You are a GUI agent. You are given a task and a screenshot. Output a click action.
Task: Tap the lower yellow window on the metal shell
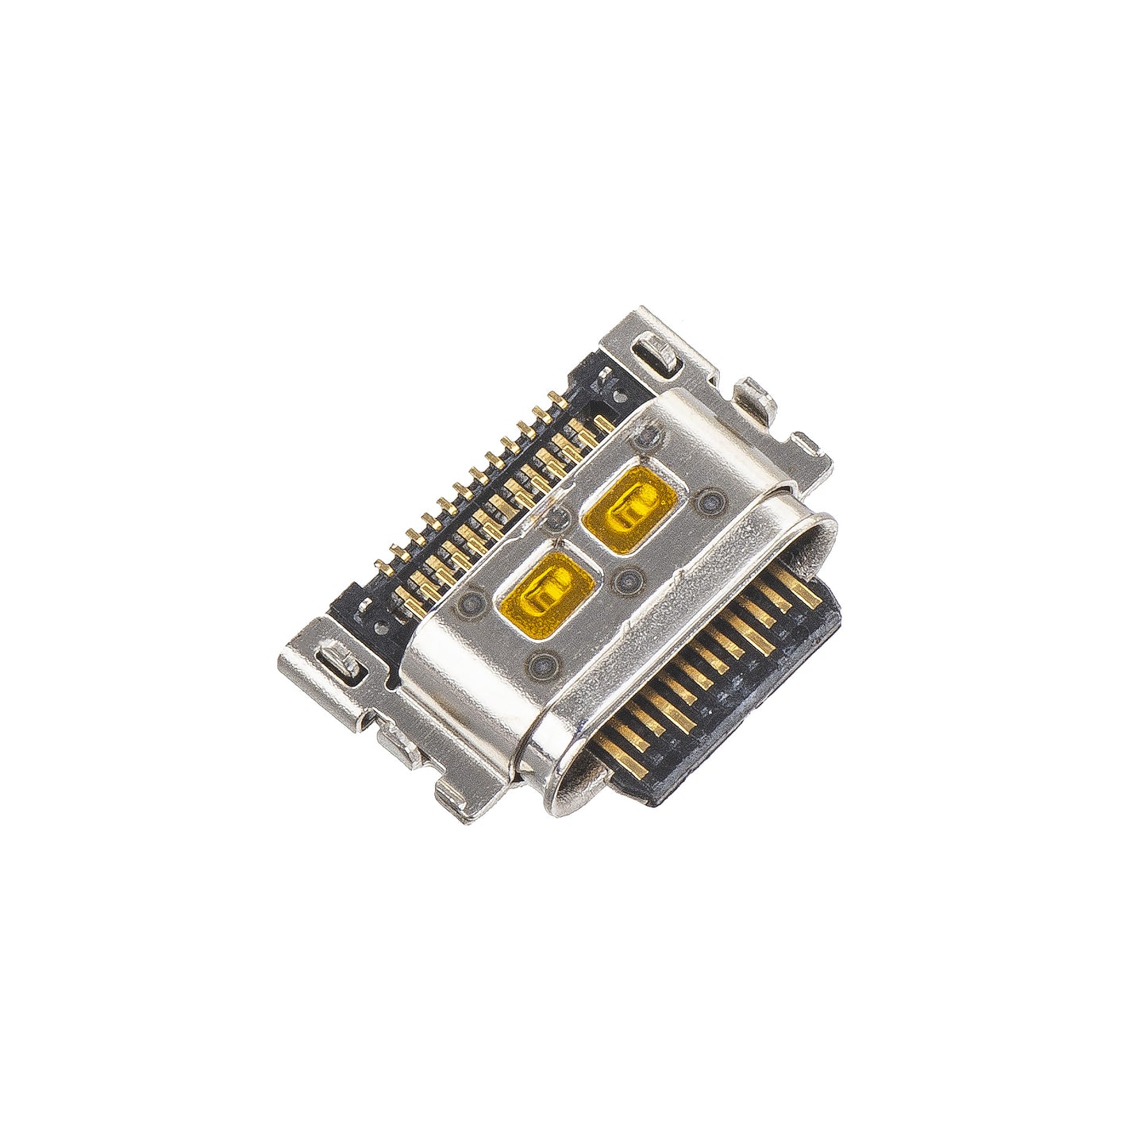547,589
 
